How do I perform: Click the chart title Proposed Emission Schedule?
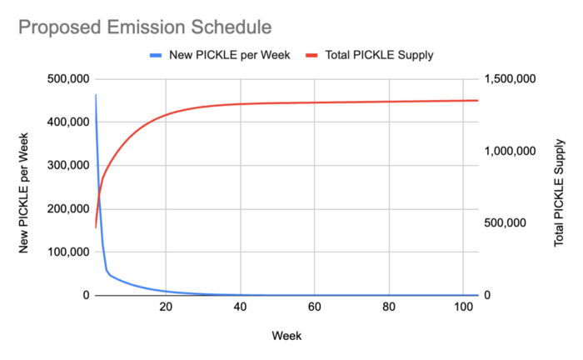click(145, 27)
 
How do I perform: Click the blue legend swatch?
click(156, 55)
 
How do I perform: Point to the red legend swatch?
click(311, 55)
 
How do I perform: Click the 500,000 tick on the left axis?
click(68, 79)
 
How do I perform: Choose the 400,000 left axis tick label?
click(68, 122)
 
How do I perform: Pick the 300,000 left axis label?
click(68, 165)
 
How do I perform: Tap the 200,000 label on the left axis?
click(68, 208)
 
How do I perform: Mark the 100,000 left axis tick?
click(68, 252)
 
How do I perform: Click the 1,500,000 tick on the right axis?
click(510, 79)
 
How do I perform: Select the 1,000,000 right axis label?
click(510, 151)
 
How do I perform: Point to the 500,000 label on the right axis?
click(506, 222)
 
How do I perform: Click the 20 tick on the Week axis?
click(166, 307)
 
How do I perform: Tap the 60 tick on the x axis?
click(315, 307)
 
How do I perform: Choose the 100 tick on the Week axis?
click(463, 307)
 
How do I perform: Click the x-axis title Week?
click(287, 336)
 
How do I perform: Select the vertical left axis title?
click(23, 193)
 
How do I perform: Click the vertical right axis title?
click(559, 192)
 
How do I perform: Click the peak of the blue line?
click(96, 94)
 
